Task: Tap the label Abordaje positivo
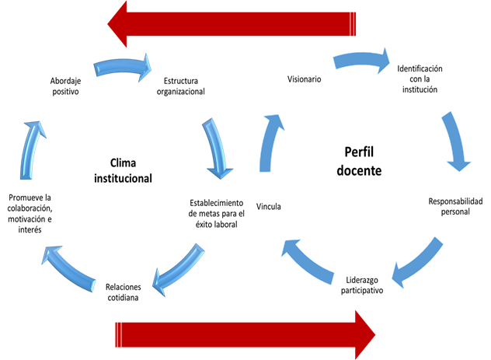[x=66, y=85]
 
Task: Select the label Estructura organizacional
[x=180, y=85]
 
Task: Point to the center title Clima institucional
[x=123, y=170]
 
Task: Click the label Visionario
[x=304, y=79]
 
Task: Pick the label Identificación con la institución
[x=424, y=79]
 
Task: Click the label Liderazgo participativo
[x=361, y=285]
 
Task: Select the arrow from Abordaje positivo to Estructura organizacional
[x=122, y=68]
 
